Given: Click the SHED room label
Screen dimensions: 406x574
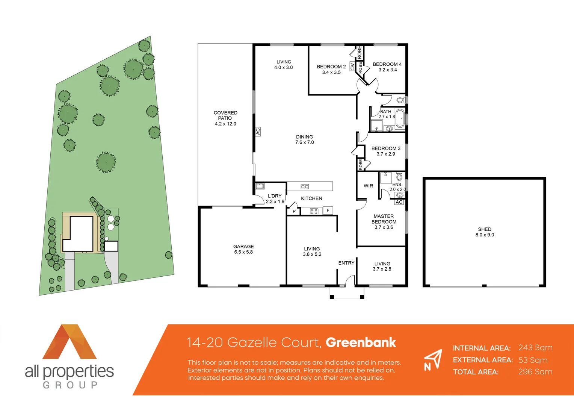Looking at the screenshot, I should tap(485, 232).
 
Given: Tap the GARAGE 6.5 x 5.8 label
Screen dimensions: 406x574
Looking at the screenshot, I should tap(243, 249).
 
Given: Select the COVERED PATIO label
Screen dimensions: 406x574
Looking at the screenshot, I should tap(225, 118).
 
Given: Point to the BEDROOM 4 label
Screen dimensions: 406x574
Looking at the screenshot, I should tap(387, 67).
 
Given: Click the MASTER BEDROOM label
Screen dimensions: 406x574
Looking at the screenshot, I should tap(384, 222).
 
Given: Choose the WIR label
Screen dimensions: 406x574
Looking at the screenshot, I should tap(368, 186).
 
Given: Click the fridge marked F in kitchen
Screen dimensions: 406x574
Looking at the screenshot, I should tap(328, 211).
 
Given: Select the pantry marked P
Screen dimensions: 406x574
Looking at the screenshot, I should tap(294, 211).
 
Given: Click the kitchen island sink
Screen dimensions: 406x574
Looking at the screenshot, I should tap(305, 186).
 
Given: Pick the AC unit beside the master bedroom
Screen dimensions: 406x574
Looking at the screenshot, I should tap(399, 202).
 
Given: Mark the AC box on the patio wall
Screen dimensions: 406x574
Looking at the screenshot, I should tap(258, 132).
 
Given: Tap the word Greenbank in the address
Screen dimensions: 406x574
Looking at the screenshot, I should tap(361, 342).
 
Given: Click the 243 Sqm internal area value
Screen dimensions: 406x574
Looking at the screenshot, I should tap(535, 348).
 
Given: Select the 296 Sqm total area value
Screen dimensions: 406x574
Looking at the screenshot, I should tap(535, 372).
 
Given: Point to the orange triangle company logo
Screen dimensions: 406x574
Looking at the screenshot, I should tap(69, 342).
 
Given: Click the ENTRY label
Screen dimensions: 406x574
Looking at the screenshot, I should tap(346, 263).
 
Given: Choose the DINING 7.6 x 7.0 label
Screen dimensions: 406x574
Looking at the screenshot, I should tap(304, 139).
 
